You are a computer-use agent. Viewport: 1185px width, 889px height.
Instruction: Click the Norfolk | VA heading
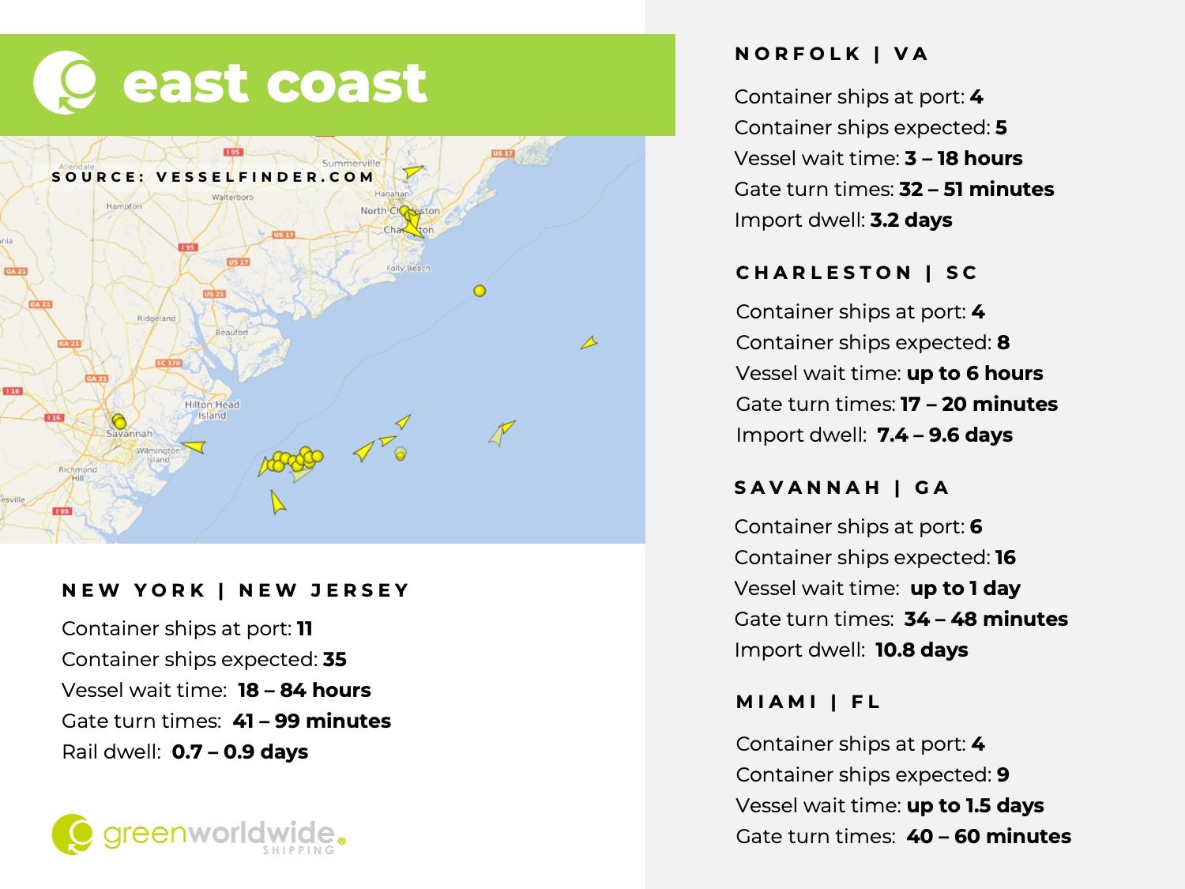point(831,54)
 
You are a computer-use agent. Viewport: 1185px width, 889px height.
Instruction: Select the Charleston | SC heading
point(856,273)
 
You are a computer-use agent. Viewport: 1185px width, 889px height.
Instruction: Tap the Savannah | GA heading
point(841,488)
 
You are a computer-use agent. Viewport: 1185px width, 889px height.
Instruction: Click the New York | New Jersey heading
point(235,590)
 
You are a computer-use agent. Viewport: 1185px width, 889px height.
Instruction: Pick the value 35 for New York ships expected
point(335,659)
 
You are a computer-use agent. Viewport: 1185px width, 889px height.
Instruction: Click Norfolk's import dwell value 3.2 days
point(911,220)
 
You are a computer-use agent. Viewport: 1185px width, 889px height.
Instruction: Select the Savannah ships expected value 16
point(1005,557)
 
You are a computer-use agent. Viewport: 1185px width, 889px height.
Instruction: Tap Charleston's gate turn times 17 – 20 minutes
point(978,404)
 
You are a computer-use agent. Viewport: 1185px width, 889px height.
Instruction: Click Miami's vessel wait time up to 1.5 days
point(975,805)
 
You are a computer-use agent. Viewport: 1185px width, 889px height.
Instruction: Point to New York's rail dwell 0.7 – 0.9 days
point(239,752)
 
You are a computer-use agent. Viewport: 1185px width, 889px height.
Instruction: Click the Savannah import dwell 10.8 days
point(921,650)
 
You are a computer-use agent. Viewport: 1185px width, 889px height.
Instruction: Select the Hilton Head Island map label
point(212,409)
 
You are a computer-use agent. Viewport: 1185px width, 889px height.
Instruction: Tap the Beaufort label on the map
point(231,332)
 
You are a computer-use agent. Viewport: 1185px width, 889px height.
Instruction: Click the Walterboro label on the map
point(232,197)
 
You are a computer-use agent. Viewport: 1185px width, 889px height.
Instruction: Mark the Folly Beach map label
point(408,268)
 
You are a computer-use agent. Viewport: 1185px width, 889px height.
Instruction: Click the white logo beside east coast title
point(65,82)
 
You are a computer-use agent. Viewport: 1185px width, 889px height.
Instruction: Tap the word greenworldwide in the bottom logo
point(219,833)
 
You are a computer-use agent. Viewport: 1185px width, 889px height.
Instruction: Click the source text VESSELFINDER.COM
point(265,177)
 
